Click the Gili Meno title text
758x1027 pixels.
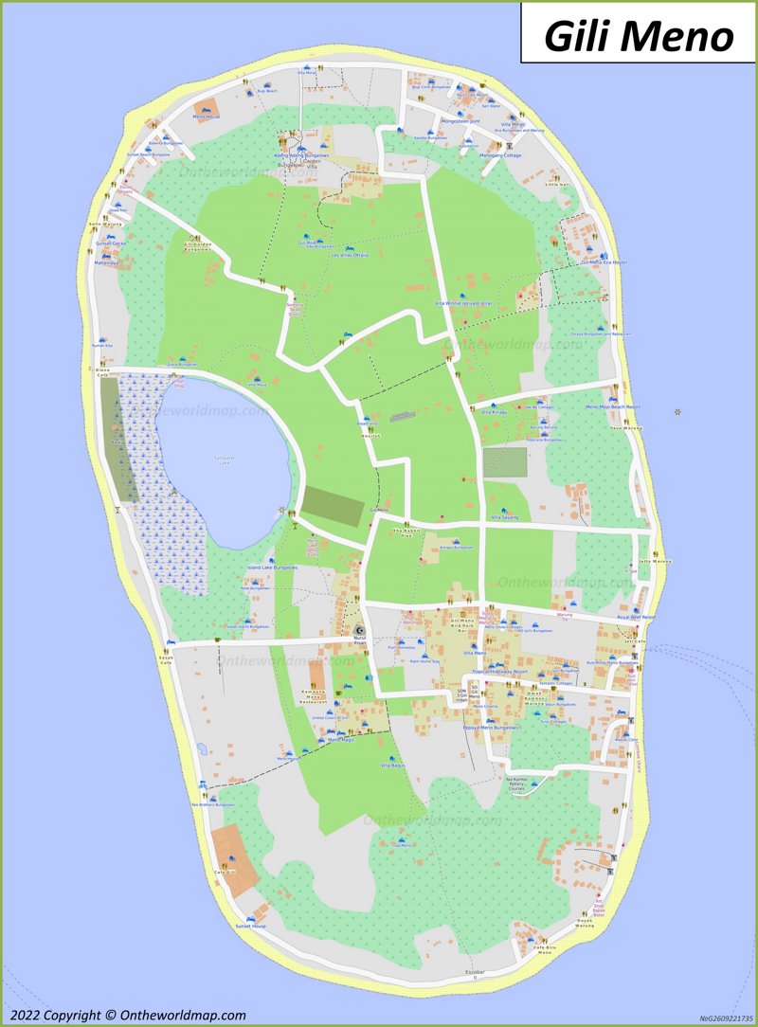coord(639,36)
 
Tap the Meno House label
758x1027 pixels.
coord(206,116)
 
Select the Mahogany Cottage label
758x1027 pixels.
coord(500,155)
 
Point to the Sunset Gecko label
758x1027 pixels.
coord(110,243)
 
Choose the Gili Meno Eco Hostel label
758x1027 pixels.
coord(605,261)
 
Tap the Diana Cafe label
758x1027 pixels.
coord(102,371)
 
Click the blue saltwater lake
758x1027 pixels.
coord(223,464)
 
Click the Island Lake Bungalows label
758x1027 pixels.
coord(272,568)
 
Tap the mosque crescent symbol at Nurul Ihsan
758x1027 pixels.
coord(358,630)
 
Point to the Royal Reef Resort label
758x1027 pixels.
coord(636,617)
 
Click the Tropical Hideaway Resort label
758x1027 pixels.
coord(499,670)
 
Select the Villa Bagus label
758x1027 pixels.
coord(392,765)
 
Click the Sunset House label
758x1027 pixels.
coord(251,926)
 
